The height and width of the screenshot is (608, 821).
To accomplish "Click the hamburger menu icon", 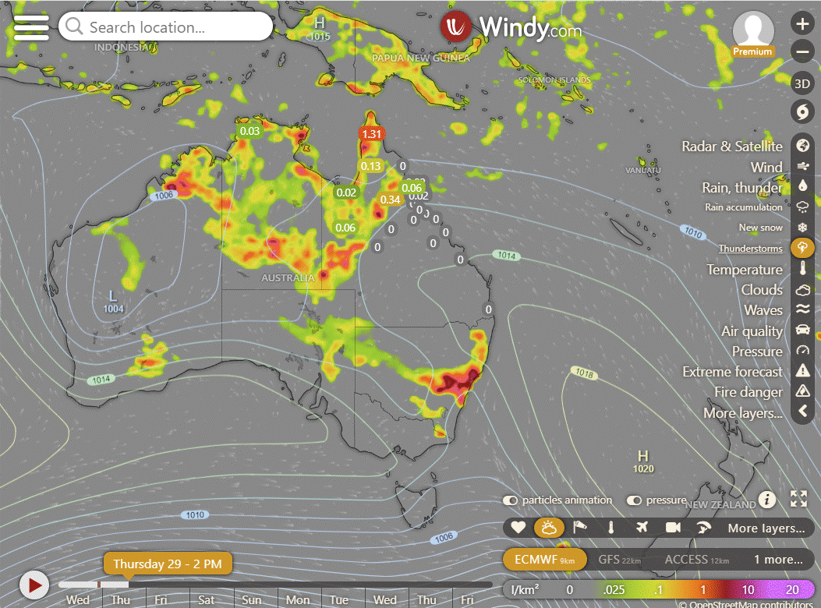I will pyautogui.click(x=31, y=27).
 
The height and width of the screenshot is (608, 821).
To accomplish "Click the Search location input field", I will pyautogui.click(x=165, y=27).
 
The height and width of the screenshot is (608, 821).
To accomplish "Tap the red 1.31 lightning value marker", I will pyautogui.click(x=373, y=133).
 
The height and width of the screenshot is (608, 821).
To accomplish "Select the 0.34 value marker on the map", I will pyautogui.click(x=390, y=200).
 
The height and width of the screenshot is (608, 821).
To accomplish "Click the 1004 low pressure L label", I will pyautogui.click(x=113, y=301).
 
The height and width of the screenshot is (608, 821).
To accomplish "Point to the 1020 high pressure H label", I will pyautogui.click(x=643, y=461).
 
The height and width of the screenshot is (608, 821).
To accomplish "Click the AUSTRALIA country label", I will pyautogui.click(x=288, y=278).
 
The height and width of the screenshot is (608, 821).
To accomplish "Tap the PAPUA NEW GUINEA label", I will pyautogui.click(x=420, y=58).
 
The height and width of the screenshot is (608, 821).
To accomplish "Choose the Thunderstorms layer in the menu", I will pyautogui.click(x=750, y=249).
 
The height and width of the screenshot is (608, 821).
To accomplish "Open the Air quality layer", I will pyautogui.click(x=752, y=331).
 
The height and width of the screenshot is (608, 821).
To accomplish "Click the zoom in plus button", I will pyautogui.click(x=802, y=23).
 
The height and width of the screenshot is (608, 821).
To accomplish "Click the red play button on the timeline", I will pyautogui.click(x=34, y=585).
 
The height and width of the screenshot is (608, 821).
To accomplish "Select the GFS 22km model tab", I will pyautogui.click(x=619, y=560).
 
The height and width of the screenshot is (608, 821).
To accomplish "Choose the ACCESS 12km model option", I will pyautogui.click(x=697, y=560).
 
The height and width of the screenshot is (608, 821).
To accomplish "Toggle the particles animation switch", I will pyautogui.click(x=511, y=500).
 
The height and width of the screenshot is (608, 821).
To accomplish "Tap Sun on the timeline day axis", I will pyautogui.click(x=252, y=599).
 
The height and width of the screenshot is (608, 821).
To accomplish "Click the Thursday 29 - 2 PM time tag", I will pyautogui.click(x=168, y=564).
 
